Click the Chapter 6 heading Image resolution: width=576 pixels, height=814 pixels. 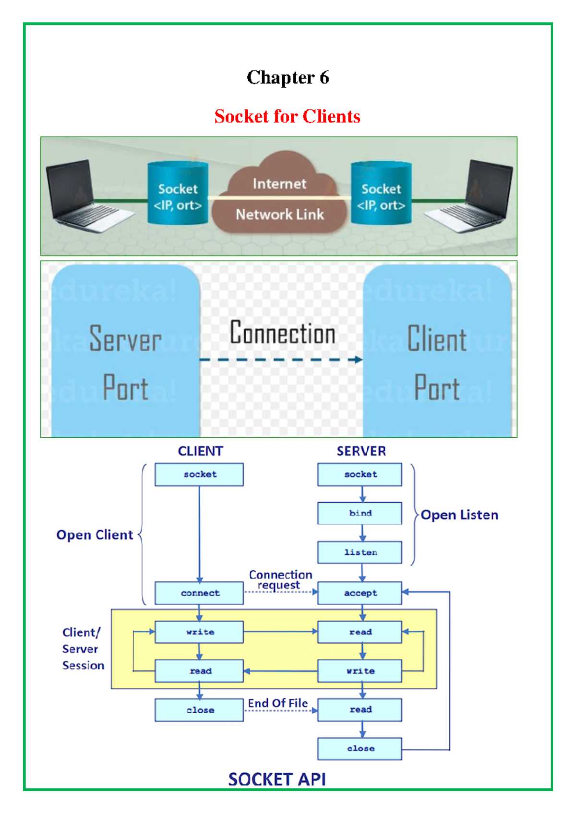pos(288,77)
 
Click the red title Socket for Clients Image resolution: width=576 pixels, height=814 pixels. pos(287,116)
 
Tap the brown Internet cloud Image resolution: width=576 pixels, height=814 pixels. pos(280,197)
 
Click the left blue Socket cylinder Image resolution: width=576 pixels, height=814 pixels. pos(178,194)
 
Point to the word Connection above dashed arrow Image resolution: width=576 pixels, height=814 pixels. pos(282,333)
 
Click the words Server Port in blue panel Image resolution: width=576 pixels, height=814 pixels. pos(125,362)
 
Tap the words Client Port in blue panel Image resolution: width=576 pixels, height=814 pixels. pos(437,362)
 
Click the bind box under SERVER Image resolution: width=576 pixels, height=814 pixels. pos(360,513)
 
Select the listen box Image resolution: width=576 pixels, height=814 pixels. pos(360,552)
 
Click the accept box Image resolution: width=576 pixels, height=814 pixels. pos(360,593)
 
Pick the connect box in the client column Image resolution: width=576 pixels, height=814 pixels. pos(199,593)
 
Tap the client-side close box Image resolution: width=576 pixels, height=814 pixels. pos(199,710)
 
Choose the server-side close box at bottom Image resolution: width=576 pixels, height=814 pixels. pos(360,749)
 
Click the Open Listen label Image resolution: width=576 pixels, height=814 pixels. pos(459,515)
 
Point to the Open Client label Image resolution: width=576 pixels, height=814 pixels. pos(95,535)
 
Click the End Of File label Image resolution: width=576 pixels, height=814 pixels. pos(278,703)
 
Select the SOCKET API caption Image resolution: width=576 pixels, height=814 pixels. pos(277,779)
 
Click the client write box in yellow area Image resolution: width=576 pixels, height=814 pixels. pos(199,632)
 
